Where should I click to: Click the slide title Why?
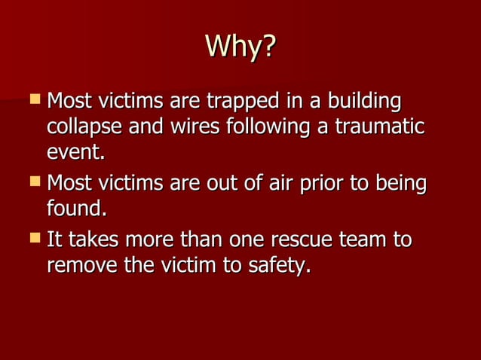point(240,47)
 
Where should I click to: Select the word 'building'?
point(361,102)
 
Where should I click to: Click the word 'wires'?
point(190,127)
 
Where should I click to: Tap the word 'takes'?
point(89,241)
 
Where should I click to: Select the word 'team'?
point(361,241)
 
